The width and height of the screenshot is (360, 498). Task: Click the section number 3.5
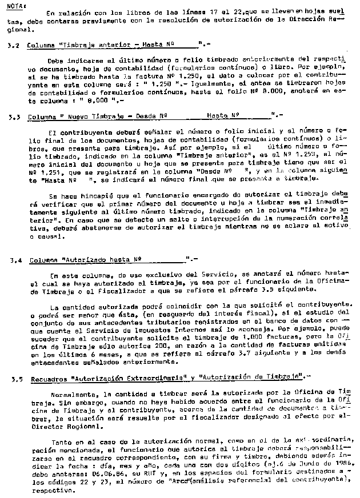[15, 377]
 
